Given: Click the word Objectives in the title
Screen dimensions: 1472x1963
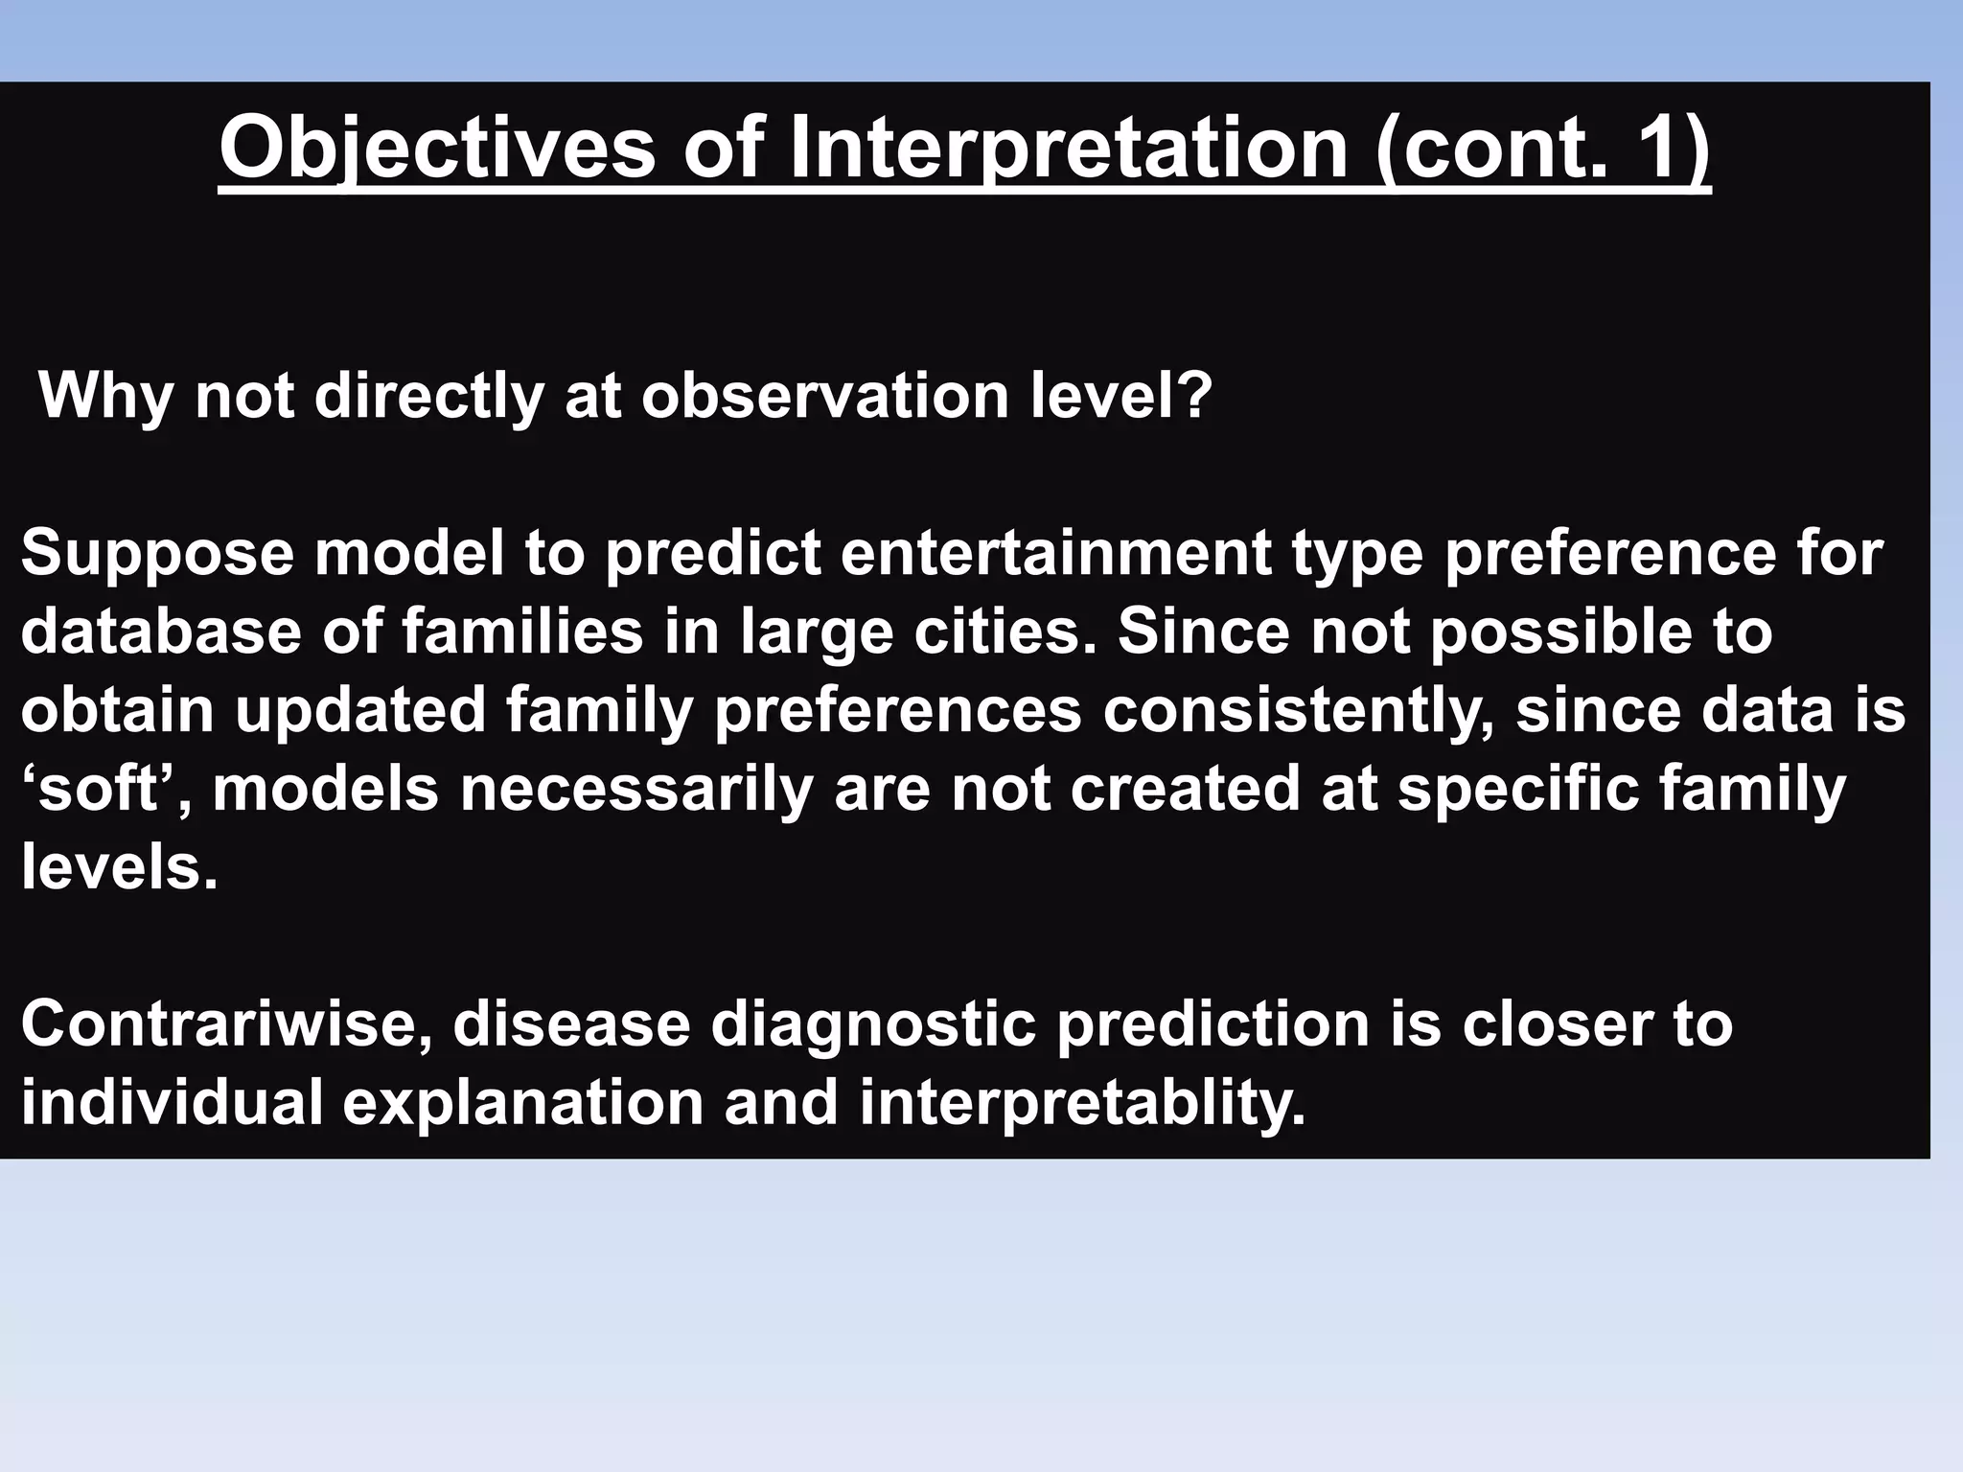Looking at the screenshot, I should point(437,149).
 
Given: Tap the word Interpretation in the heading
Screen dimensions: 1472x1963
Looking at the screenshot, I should point(1068,149).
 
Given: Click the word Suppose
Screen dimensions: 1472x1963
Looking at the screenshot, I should point(157,554).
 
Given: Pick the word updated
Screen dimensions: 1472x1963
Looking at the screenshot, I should point(360,711).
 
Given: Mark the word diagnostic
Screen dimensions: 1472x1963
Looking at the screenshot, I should point(873,1023).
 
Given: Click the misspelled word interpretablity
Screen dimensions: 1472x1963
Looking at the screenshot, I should point(1082,1102).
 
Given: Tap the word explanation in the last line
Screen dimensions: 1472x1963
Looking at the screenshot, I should point(522,1102).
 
